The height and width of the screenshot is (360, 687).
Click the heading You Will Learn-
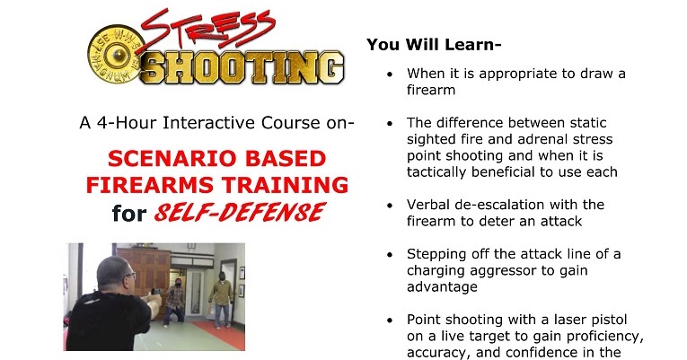point(434,43)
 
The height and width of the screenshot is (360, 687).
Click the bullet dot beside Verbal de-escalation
point(388,206)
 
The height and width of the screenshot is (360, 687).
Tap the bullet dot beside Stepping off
point(388,254)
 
